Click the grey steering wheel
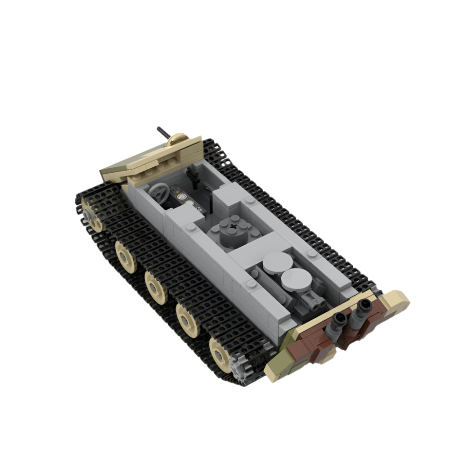click(x=159, y=193)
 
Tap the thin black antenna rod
click(x=162, y=133)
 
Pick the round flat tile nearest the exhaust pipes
click(x=296, y=280)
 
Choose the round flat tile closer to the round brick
click(x=276, y=262)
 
